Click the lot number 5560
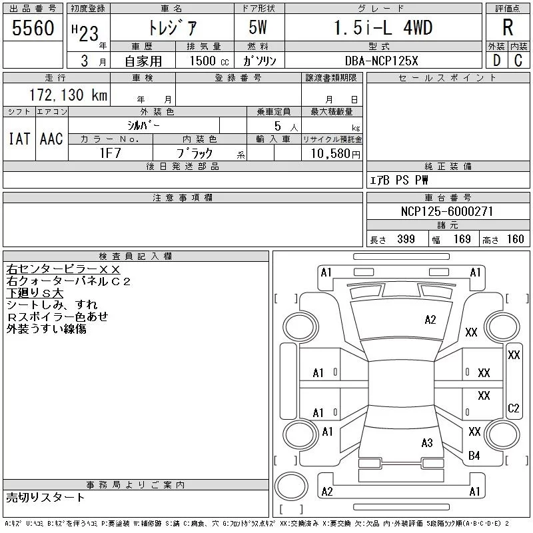coord(33,29)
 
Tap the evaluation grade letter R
coord(507,28)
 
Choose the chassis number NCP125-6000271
coord(448,212)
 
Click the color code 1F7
coord(110,153)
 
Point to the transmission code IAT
coord(19,139)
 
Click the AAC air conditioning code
coord(51,139)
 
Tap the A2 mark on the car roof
coord(430,320)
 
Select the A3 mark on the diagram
coord(427,442)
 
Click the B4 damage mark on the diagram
coord(474,456)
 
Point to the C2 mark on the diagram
coord(514,408)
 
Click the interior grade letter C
coord(518,61)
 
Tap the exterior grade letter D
coord(496,61)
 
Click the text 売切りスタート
coord(45,497)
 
